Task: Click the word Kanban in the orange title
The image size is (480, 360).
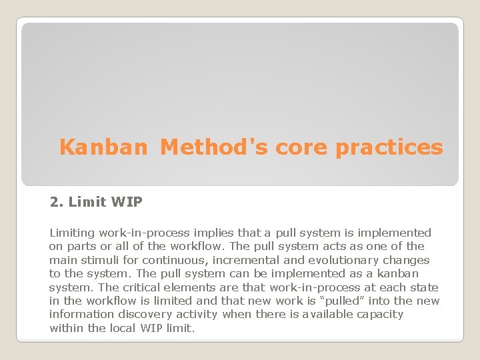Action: click(x=103, y=147)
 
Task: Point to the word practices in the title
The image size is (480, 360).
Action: click(x=389, y=147)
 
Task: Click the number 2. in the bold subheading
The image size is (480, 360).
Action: click(x=56, y=201)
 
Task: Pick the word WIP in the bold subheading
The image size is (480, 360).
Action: click(x=127, y=201)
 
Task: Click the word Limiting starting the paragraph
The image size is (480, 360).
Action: click(x=72, y=233)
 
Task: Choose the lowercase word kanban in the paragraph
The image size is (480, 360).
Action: click(x=399, y=273)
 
